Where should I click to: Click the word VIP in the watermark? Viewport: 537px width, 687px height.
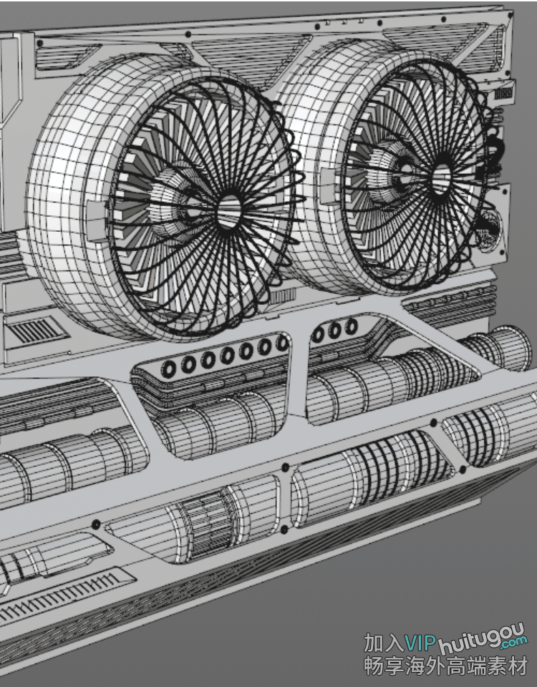tap(420, 643)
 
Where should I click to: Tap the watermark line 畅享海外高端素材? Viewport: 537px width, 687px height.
tap(445, 666)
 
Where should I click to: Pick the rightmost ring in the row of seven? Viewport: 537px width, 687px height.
tap(283, 343)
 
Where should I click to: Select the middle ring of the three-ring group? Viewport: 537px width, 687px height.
tap(334, 330)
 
